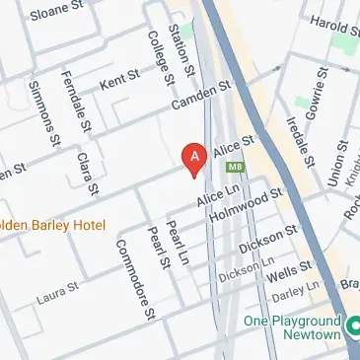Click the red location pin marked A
(x=195, y=158)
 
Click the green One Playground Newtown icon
(x=350, y=322)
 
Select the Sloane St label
(x=57, y=15)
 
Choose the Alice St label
(x=239, y=144)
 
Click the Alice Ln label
(x=212, y=199)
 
